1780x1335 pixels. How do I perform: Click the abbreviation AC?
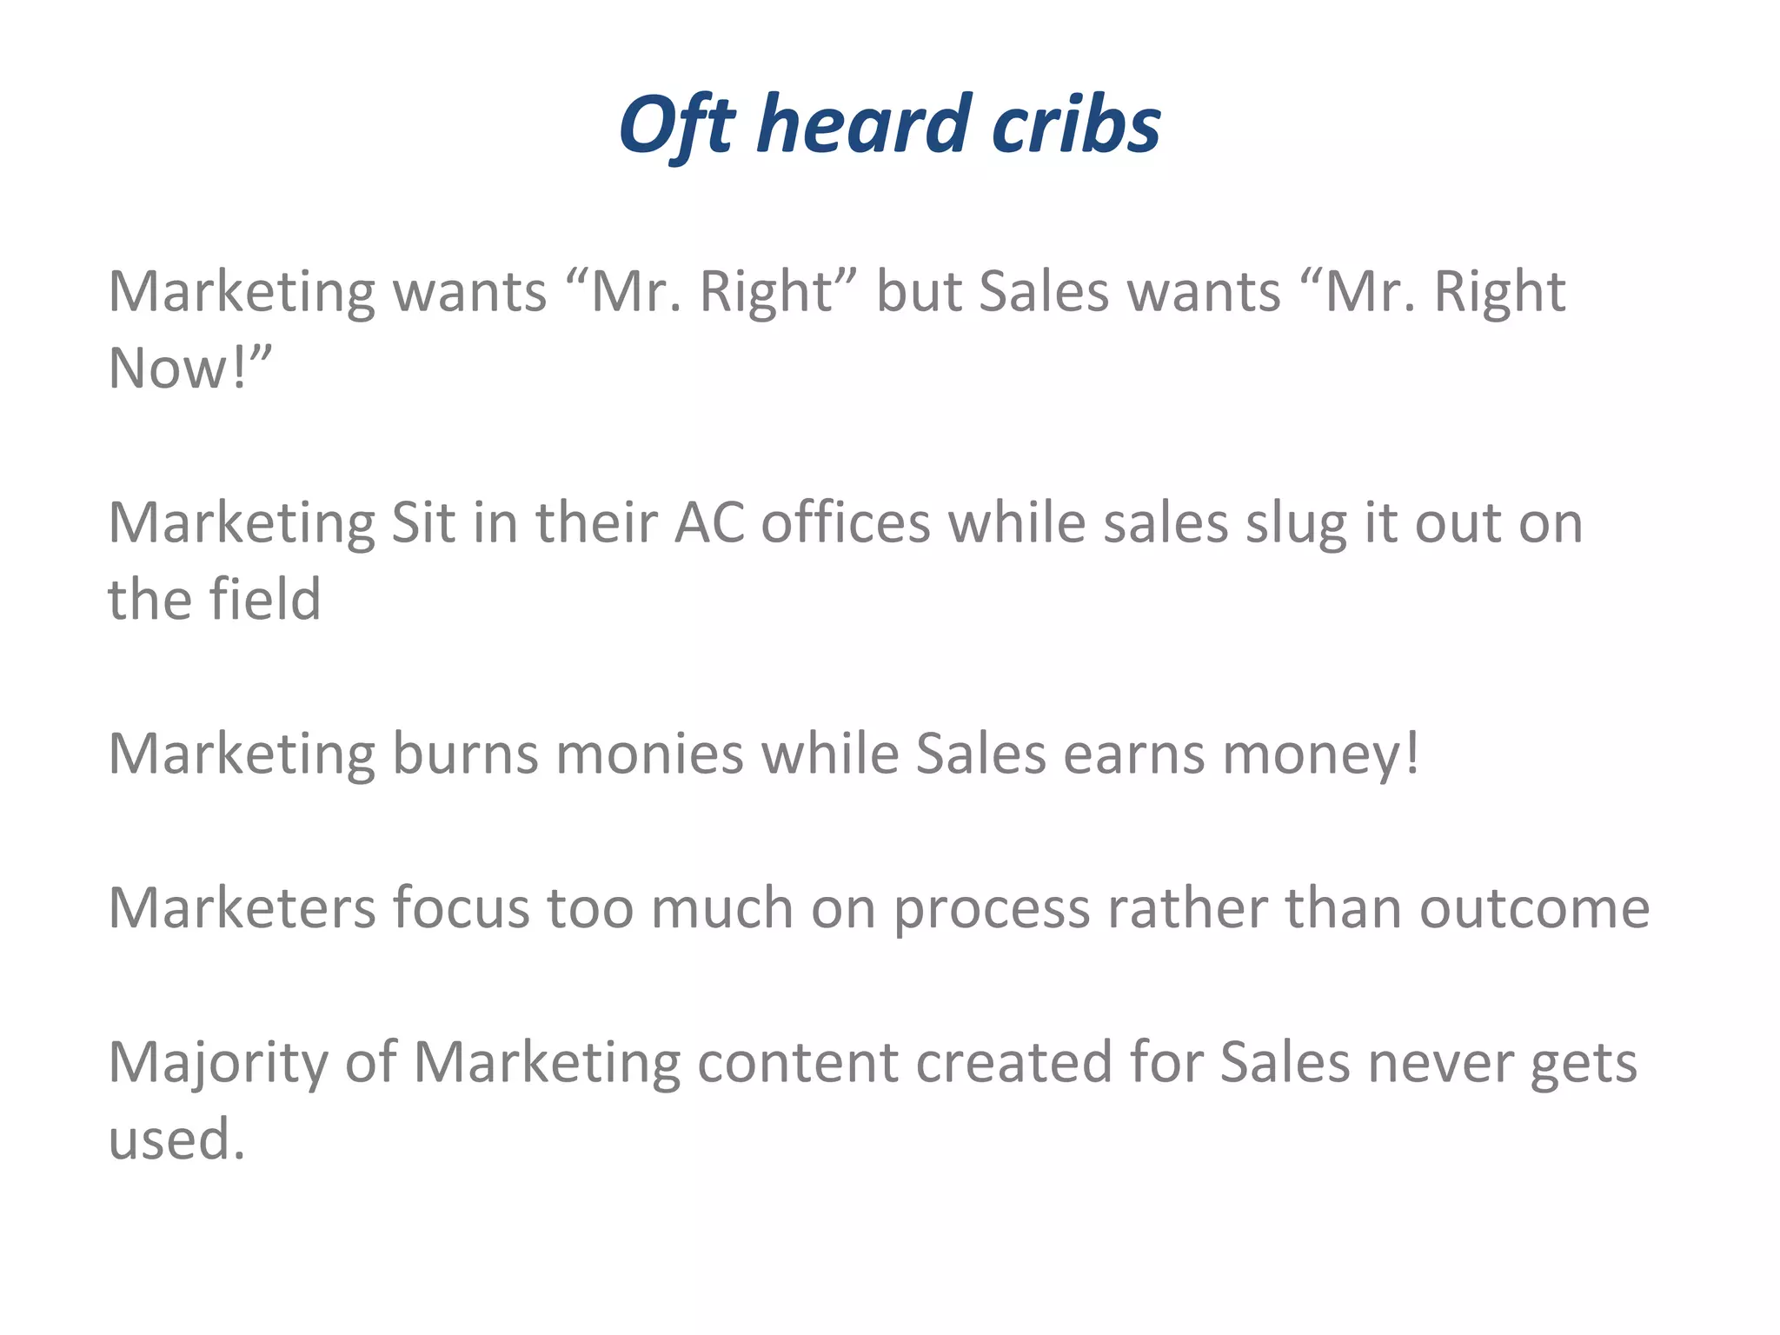click(x=710, y=522)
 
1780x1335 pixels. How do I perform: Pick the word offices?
click(x=846, y=522)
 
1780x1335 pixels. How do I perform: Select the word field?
click(x=264, y=599)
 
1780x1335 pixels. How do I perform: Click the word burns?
click(x=465, y=753)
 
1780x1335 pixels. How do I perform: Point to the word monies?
click(x=650, y=753)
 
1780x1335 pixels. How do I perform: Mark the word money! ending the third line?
click(x=1321, y=754)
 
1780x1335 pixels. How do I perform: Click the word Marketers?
click(x=242, y=907)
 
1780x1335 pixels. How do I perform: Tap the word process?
click(x=992, y=909)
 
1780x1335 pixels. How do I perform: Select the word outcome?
click(x=1534, y=907)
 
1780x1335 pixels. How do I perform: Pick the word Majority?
click(x=218, y=1063)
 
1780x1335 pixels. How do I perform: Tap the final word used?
click(x=176, y=1139)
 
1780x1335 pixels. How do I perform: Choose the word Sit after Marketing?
click(x=423, y=522)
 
